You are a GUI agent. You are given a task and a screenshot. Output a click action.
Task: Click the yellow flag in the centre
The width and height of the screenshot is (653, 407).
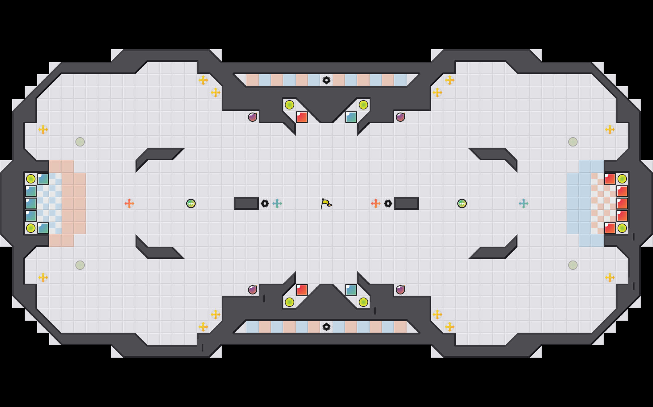(326, 203)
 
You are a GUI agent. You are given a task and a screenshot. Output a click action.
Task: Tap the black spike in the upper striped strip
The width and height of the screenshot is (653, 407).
(326, 80)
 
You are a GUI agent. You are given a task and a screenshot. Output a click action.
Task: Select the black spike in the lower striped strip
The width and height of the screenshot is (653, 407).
(326, 327)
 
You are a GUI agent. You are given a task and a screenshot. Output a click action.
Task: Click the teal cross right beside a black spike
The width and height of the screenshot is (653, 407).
(277, 203)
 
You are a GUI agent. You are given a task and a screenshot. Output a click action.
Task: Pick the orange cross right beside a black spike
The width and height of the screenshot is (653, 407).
(376, 203)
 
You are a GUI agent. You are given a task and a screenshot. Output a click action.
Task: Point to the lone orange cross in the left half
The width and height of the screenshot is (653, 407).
(129, 203)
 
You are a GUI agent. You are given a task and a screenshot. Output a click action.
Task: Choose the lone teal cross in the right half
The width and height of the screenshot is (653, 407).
(524, 203)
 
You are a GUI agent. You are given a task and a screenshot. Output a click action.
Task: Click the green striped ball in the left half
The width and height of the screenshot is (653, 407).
(191, 203)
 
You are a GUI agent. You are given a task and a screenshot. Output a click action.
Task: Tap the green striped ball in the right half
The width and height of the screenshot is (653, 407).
(462, 203)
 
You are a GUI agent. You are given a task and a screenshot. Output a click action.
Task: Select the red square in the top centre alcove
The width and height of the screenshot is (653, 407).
(302, 117)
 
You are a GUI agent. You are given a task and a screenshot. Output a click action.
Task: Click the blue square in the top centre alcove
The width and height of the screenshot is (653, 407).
(351, 117)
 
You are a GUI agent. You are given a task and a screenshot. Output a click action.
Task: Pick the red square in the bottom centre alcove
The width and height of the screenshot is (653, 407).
(302, 290)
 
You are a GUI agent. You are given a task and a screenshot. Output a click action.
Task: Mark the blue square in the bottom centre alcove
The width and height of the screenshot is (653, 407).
(351, 290)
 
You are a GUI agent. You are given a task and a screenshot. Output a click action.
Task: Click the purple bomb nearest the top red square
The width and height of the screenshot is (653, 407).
(253, 117)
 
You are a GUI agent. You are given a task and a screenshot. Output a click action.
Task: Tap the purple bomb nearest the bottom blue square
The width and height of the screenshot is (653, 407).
(400, 290)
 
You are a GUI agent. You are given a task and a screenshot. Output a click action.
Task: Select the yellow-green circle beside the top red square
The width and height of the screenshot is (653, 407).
(290, 105)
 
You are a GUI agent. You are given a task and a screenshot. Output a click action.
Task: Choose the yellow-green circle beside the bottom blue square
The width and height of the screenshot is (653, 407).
(363, 302)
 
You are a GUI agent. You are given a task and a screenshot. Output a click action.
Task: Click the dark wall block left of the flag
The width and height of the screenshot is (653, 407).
(246, 203)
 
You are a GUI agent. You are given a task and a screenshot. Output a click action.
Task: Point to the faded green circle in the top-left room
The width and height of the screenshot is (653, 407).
(80, 142)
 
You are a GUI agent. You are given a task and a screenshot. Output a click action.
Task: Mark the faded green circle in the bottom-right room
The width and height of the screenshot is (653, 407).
(573, 265)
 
